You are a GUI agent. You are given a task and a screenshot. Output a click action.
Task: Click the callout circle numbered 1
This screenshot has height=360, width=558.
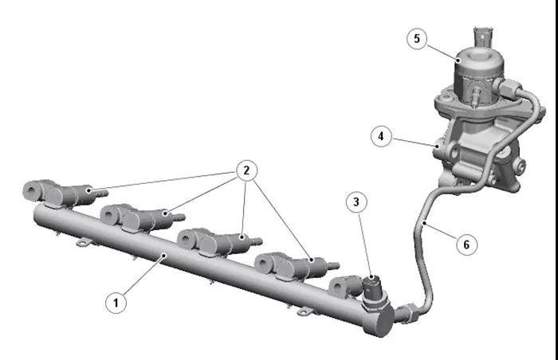pos(116,303)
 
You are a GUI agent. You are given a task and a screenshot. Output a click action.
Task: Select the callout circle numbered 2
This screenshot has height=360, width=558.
pos(246,170)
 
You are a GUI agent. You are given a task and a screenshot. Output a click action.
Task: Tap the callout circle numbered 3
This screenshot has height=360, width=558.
pos(356,202)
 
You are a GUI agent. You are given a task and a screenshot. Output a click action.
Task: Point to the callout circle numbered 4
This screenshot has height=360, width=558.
pos(381,136)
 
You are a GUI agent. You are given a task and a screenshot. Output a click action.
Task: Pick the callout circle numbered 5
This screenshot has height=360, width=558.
pos(417,38)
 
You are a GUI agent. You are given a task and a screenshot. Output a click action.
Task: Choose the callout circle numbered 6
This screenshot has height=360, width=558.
pos(466,245)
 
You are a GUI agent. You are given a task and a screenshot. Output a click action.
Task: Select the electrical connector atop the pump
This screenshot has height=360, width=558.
pos(483,37)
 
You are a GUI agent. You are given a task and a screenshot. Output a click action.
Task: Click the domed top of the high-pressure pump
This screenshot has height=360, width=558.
pos(479,59)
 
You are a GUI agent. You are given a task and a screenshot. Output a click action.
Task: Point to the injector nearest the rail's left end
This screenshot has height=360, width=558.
pos(64,194)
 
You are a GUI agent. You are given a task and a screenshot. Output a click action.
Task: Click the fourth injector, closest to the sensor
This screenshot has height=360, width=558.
pos(296,266)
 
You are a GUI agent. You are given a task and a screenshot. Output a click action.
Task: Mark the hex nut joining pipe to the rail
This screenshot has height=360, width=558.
pos(409,312)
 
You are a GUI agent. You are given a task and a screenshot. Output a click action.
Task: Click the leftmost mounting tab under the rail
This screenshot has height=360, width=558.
pos(84,243)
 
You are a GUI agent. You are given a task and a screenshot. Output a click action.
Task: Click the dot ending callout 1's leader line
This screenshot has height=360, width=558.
pos(163,255)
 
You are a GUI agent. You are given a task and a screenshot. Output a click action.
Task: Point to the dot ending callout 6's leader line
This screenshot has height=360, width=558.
pos(425,223)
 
